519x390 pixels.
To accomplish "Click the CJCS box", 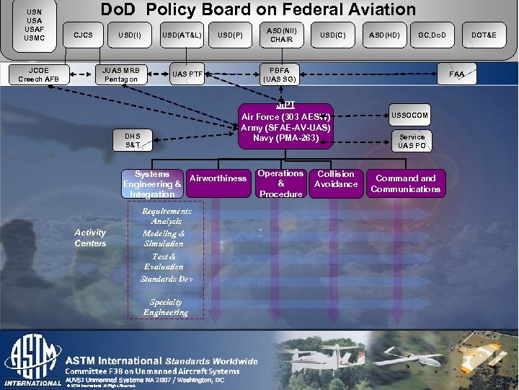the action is point(83,35).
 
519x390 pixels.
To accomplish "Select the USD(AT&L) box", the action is point(182,35).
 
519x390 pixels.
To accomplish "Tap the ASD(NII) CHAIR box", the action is point(280,35).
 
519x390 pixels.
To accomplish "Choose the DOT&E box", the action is point(484,35).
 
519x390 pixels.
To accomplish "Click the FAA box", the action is point(456,74).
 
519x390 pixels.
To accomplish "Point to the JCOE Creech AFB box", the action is point(39,74).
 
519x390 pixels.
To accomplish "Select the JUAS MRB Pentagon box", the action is point(120,74).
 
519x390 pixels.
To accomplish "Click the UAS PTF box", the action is point(186,74).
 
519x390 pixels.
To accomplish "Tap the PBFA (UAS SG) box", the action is point(280,74).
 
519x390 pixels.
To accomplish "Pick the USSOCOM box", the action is point(410,116).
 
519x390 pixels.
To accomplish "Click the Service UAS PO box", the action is point(412,141).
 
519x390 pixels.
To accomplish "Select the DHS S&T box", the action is point(133,141).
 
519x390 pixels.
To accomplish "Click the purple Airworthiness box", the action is point(218,178).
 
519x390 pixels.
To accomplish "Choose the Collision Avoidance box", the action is point(336,179).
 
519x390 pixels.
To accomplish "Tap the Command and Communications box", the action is point(405,183).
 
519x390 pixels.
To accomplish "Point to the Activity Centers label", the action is point(90,238).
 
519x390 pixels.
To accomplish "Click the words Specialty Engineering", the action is point(165,307).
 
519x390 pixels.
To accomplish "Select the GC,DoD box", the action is point(432,35).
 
